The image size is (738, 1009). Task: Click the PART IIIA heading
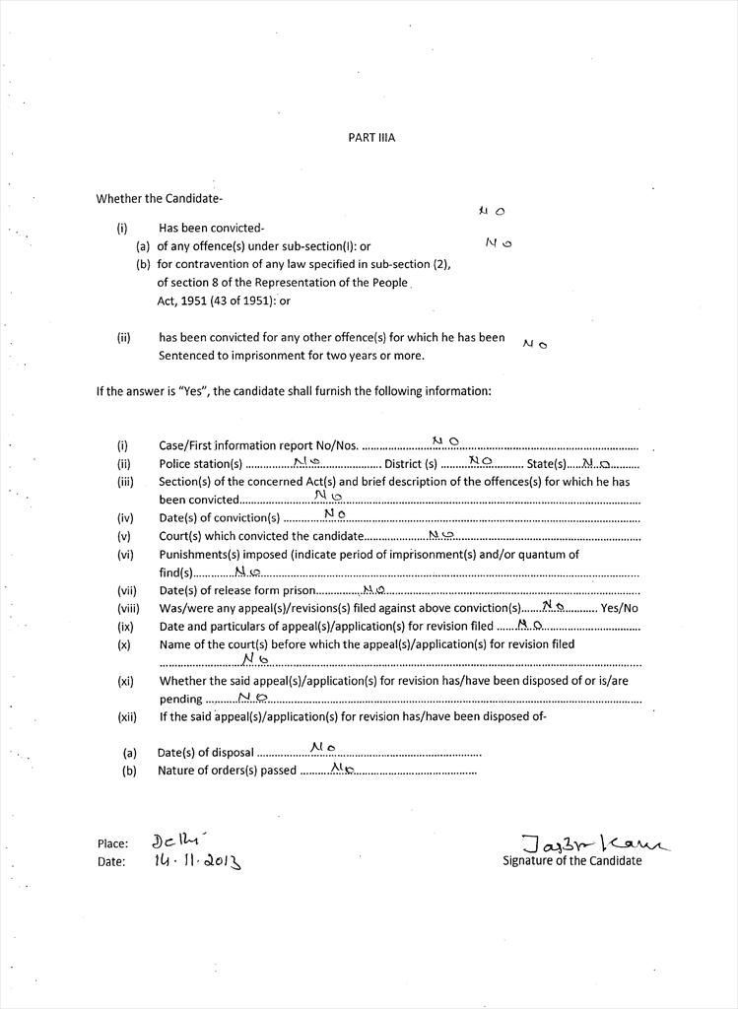[370, 138]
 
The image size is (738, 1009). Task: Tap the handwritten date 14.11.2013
[197, 860]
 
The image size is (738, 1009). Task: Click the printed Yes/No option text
[619, 608]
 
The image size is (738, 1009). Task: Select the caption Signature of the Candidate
[571, 860]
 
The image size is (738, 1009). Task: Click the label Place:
[112, 843]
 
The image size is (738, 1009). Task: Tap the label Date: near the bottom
[111, 861]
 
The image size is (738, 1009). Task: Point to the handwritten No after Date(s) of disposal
[323, 748]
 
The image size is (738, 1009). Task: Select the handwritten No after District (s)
[480, 460]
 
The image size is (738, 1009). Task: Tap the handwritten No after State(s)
[596, 462]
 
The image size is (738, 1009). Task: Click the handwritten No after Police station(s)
[306, 461]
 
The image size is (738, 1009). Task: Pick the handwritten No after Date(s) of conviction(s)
[334, 513]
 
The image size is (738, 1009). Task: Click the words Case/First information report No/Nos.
[258, 445]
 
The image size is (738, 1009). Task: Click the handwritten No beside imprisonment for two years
[535, 344]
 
